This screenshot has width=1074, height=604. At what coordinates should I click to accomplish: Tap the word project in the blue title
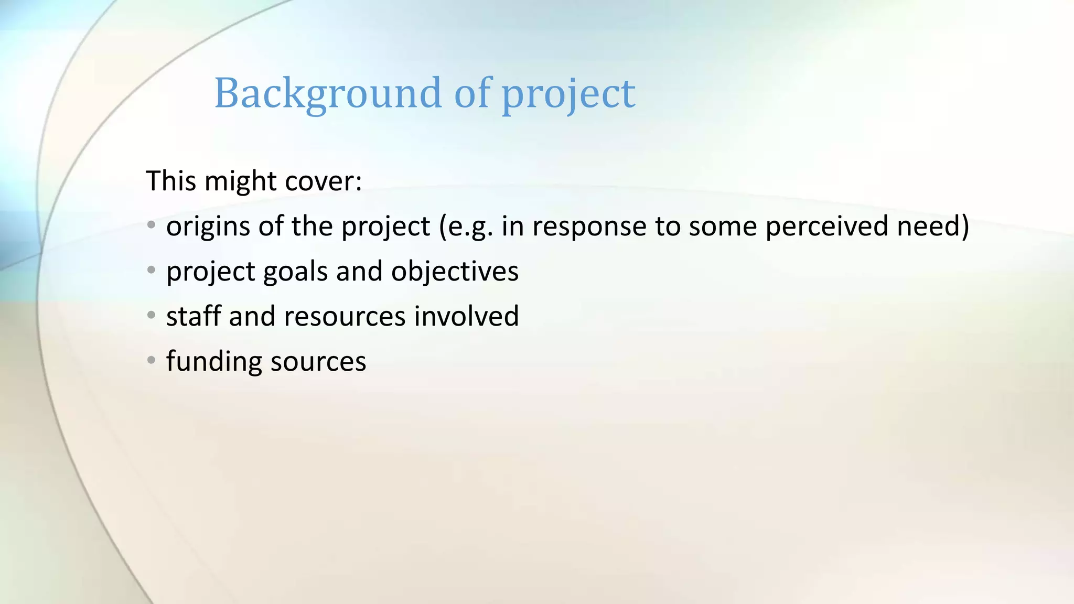tap(568, 94)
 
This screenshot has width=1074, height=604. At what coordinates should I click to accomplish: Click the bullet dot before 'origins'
tap(152, 225)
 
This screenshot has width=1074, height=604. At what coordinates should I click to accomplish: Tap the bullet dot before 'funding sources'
tap(152, 360)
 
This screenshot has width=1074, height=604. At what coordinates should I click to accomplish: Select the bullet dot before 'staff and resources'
tap(152, 315)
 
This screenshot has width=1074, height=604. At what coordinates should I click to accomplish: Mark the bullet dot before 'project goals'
tap(152, 270)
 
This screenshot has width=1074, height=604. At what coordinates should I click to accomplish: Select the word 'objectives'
tap(455, 272)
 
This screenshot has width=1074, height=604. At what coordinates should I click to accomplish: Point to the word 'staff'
tap(194, 316)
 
